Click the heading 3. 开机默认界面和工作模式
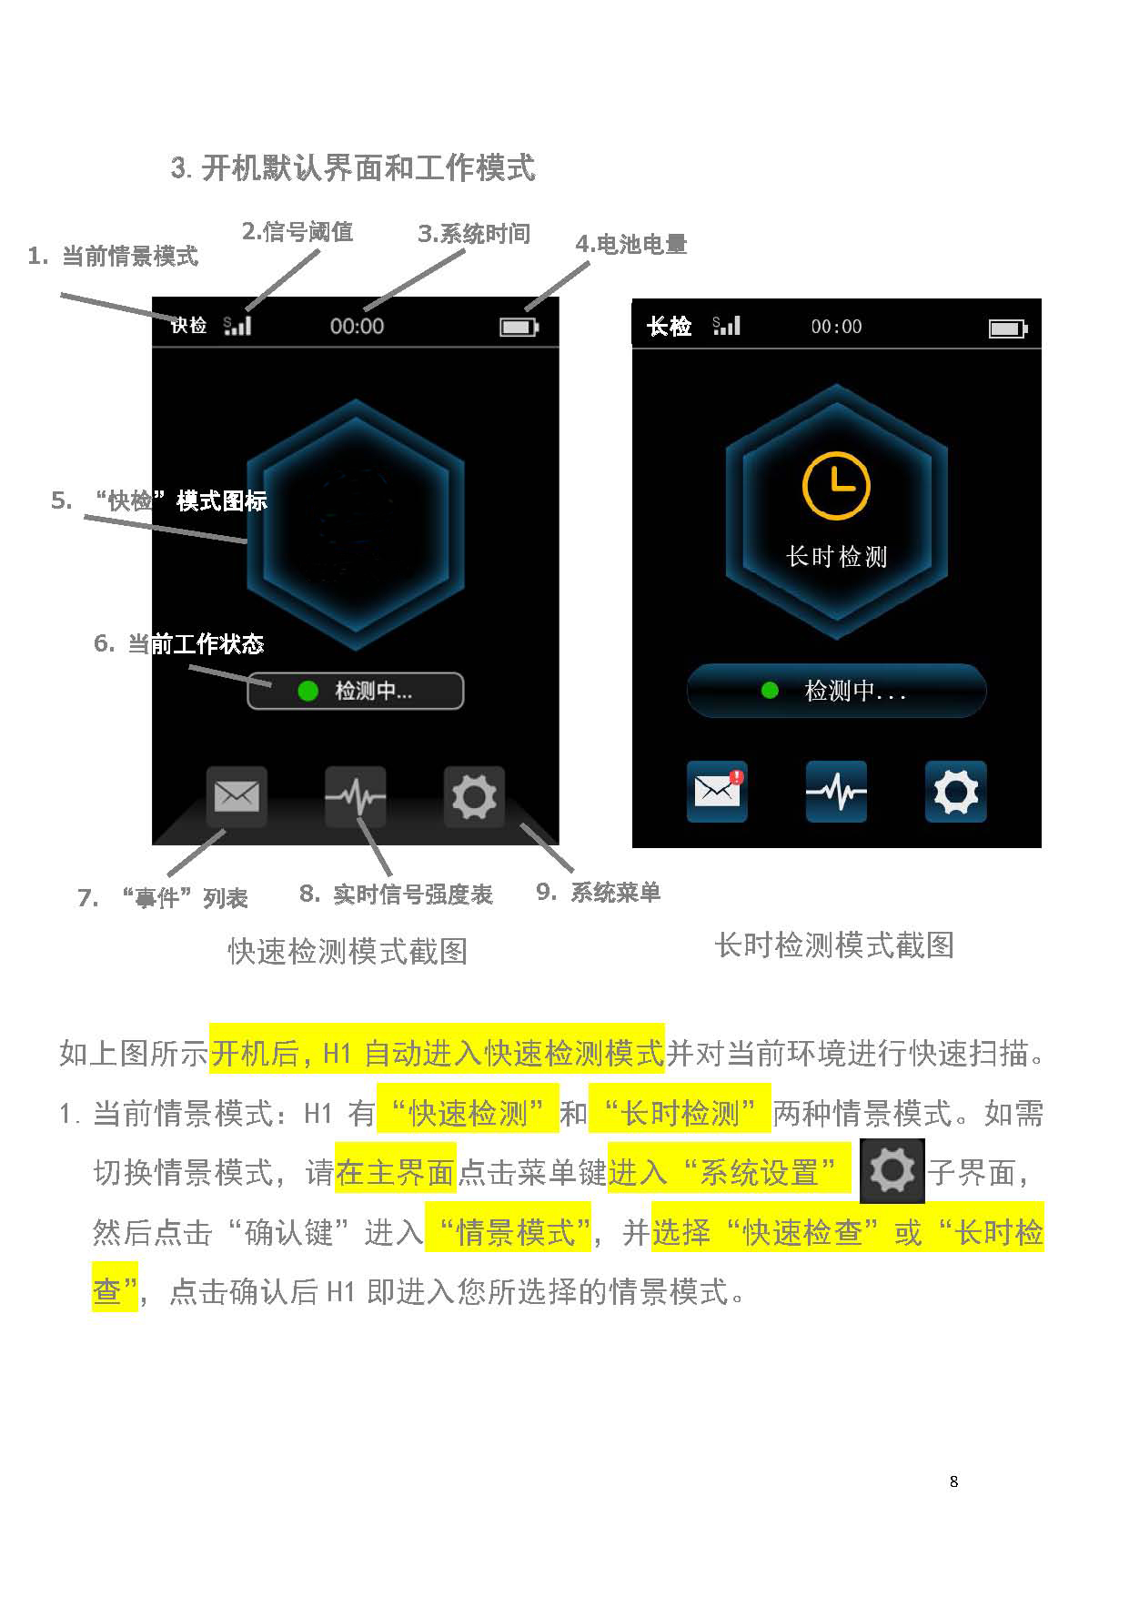click(x=353, y=168)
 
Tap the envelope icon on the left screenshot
click(x=237, y=797)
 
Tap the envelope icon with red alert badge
click(x=718, y=791)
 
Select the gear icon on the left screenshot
click(x=474, y=797)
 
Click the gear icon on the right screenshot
click(x=956, y=792)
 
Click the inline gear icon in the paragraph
click(x=892, y=1171)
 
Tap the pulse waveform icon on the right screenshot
click(x=837, y=792)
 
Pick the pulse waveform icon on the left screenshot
click(x=356, y=797)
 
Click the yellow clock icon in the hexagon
click(x=836, y=486)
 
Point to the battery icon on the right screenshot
click(x=1008, y=328)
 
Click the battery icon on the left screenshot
click(x=519, y=327)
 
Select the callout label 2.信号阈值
click(x=297, y=232)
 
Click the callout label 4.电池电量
click(x=631, y=244)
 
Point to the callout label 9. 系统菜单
click(x=599, y=893)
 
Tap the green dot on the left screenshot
click(x=308, y=692)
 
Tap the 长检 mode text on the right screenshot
click(x=670, y=327)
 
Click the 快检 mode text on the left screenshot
click(x=189, y=325)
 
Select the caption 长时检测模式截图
click(x=834, y=945)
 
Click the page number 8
click(x=953, y=1481)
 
